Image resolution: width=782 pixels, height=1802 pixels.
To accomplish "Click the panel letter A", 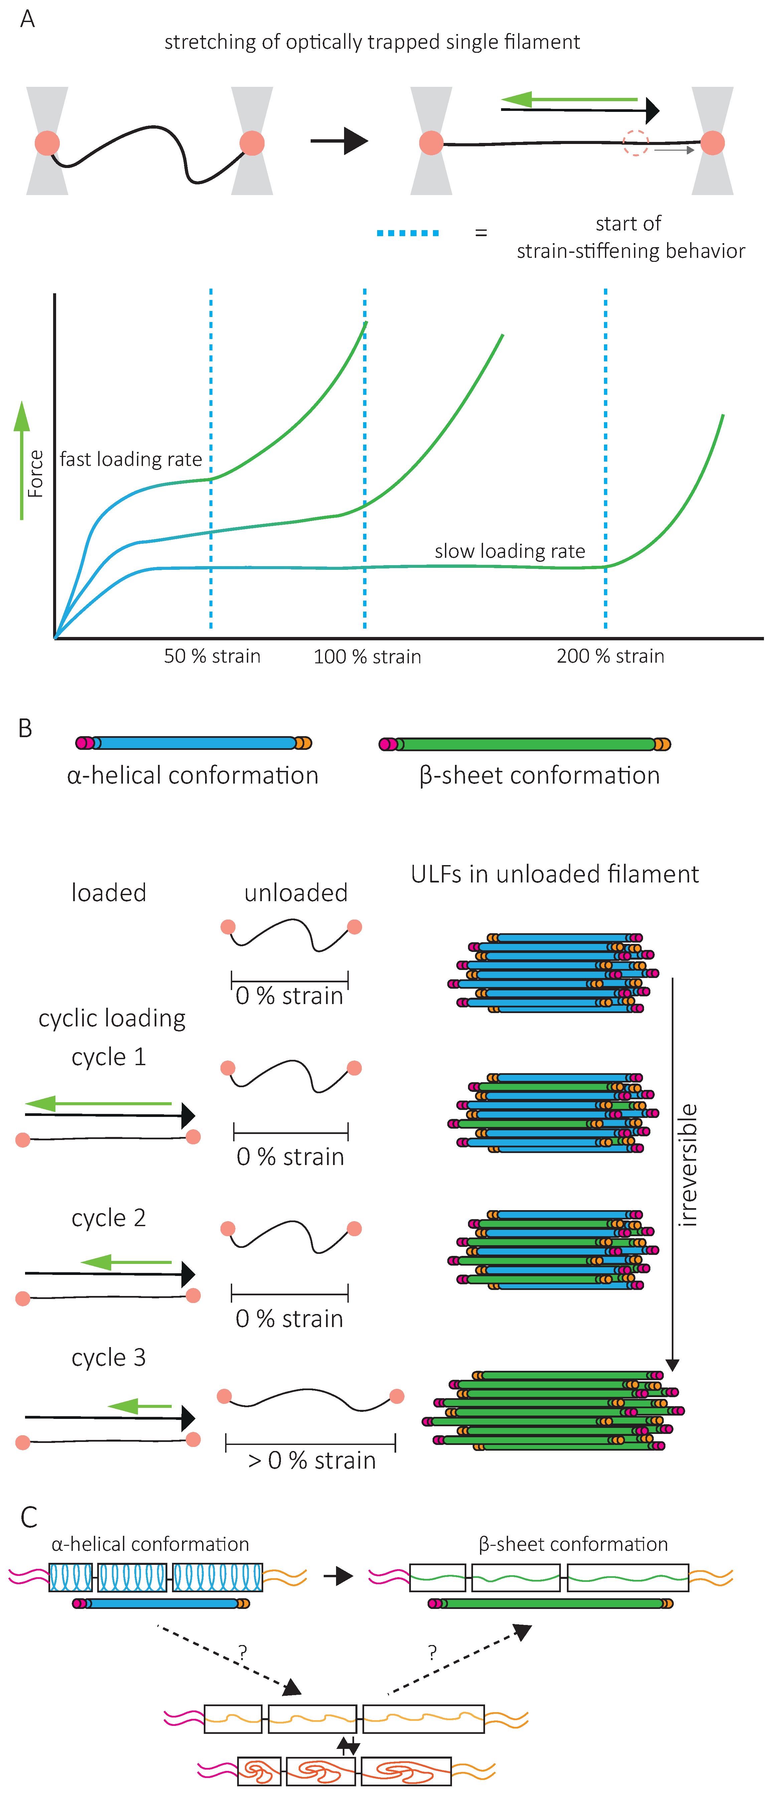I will click(27, 19).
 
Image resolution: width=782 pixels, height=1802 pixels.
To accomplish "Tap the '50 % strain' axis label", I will click(212, 656).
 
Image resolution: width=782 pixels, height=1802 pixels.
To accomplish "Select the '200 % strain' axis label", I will click(610, 656).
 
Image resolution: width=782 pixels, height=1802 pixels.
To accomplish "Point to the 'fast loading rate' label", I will click(131, 460).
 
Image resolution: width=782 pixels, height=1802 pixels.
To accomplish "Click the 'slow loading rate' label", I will click(510, 551).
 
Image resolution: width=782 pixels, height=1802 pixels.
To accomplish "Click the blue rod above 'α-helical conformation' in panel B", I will click(194, 743).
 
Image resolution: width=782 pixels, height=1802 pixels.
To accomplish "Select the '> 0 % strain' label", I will click(312, 1461).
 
